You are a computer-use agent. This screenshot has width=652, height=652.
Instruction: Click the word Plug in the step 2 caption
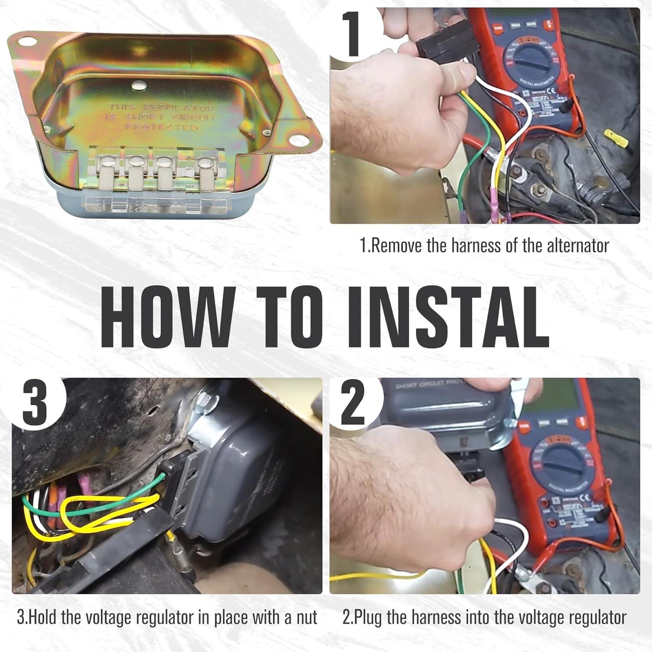370,617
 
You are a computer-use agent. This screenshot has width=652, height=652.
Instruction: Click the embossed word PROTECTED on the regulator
161,127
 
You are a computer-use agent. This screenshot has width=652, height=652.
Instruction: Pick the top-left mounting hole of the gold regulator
26,42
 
